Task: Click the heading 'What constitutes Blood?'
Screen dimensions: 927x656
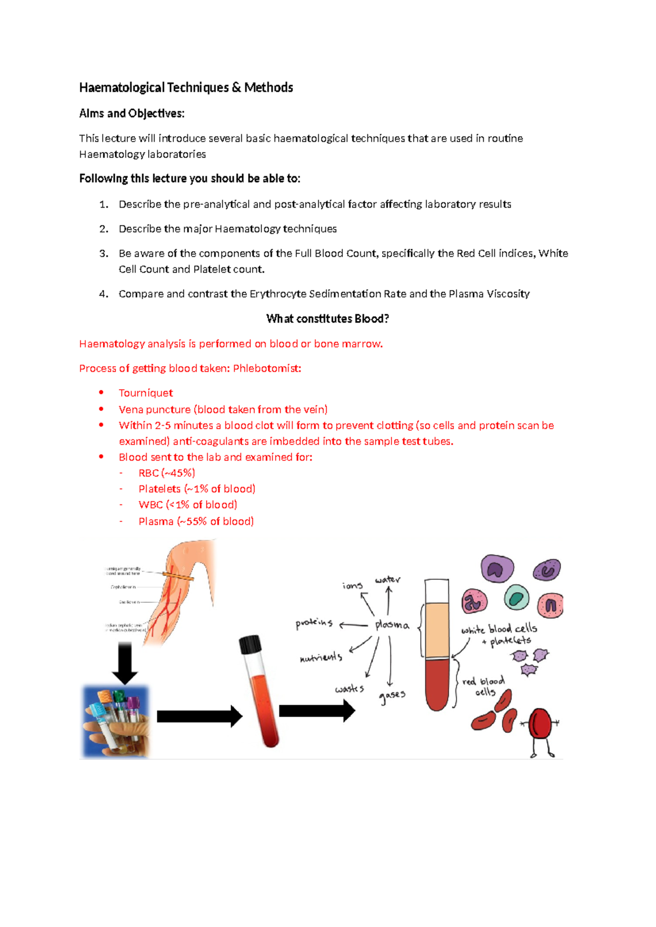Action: point(327,319)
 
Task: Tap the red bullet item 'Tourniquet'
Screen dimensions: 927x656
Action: point(145,393)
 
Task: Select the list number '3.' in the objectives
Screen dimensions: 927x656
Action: point(104,254)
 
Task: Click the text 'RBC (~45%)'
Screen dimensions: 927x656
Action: point(166,473)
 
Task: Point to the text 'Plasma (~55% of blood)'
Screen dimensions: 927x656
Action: point(196,521)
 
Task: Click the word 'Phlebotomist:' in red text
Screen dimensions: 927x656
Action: point(267,368)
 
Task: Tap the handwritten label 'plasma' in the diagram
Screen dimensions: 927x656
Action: point(392,625)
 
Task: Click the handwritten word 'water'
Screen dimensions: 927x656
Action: point(388,579)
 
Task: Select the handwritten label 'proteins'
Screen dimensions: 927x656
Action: point(314,623)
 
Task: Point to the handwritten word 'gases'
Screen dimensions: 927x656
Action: point(392,696)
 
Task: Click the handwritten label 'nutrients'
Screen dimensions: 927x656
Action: point(321,658)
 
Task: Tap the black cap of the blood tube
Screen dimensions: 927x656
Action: point(250,645)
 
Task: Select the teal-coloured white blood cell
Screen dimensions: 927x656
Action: point(517,597)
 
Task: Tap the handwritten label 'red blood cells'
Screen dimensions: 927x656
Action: point(484,687)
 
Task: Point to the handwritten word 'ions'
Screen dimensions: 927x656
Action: point(353,586)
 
